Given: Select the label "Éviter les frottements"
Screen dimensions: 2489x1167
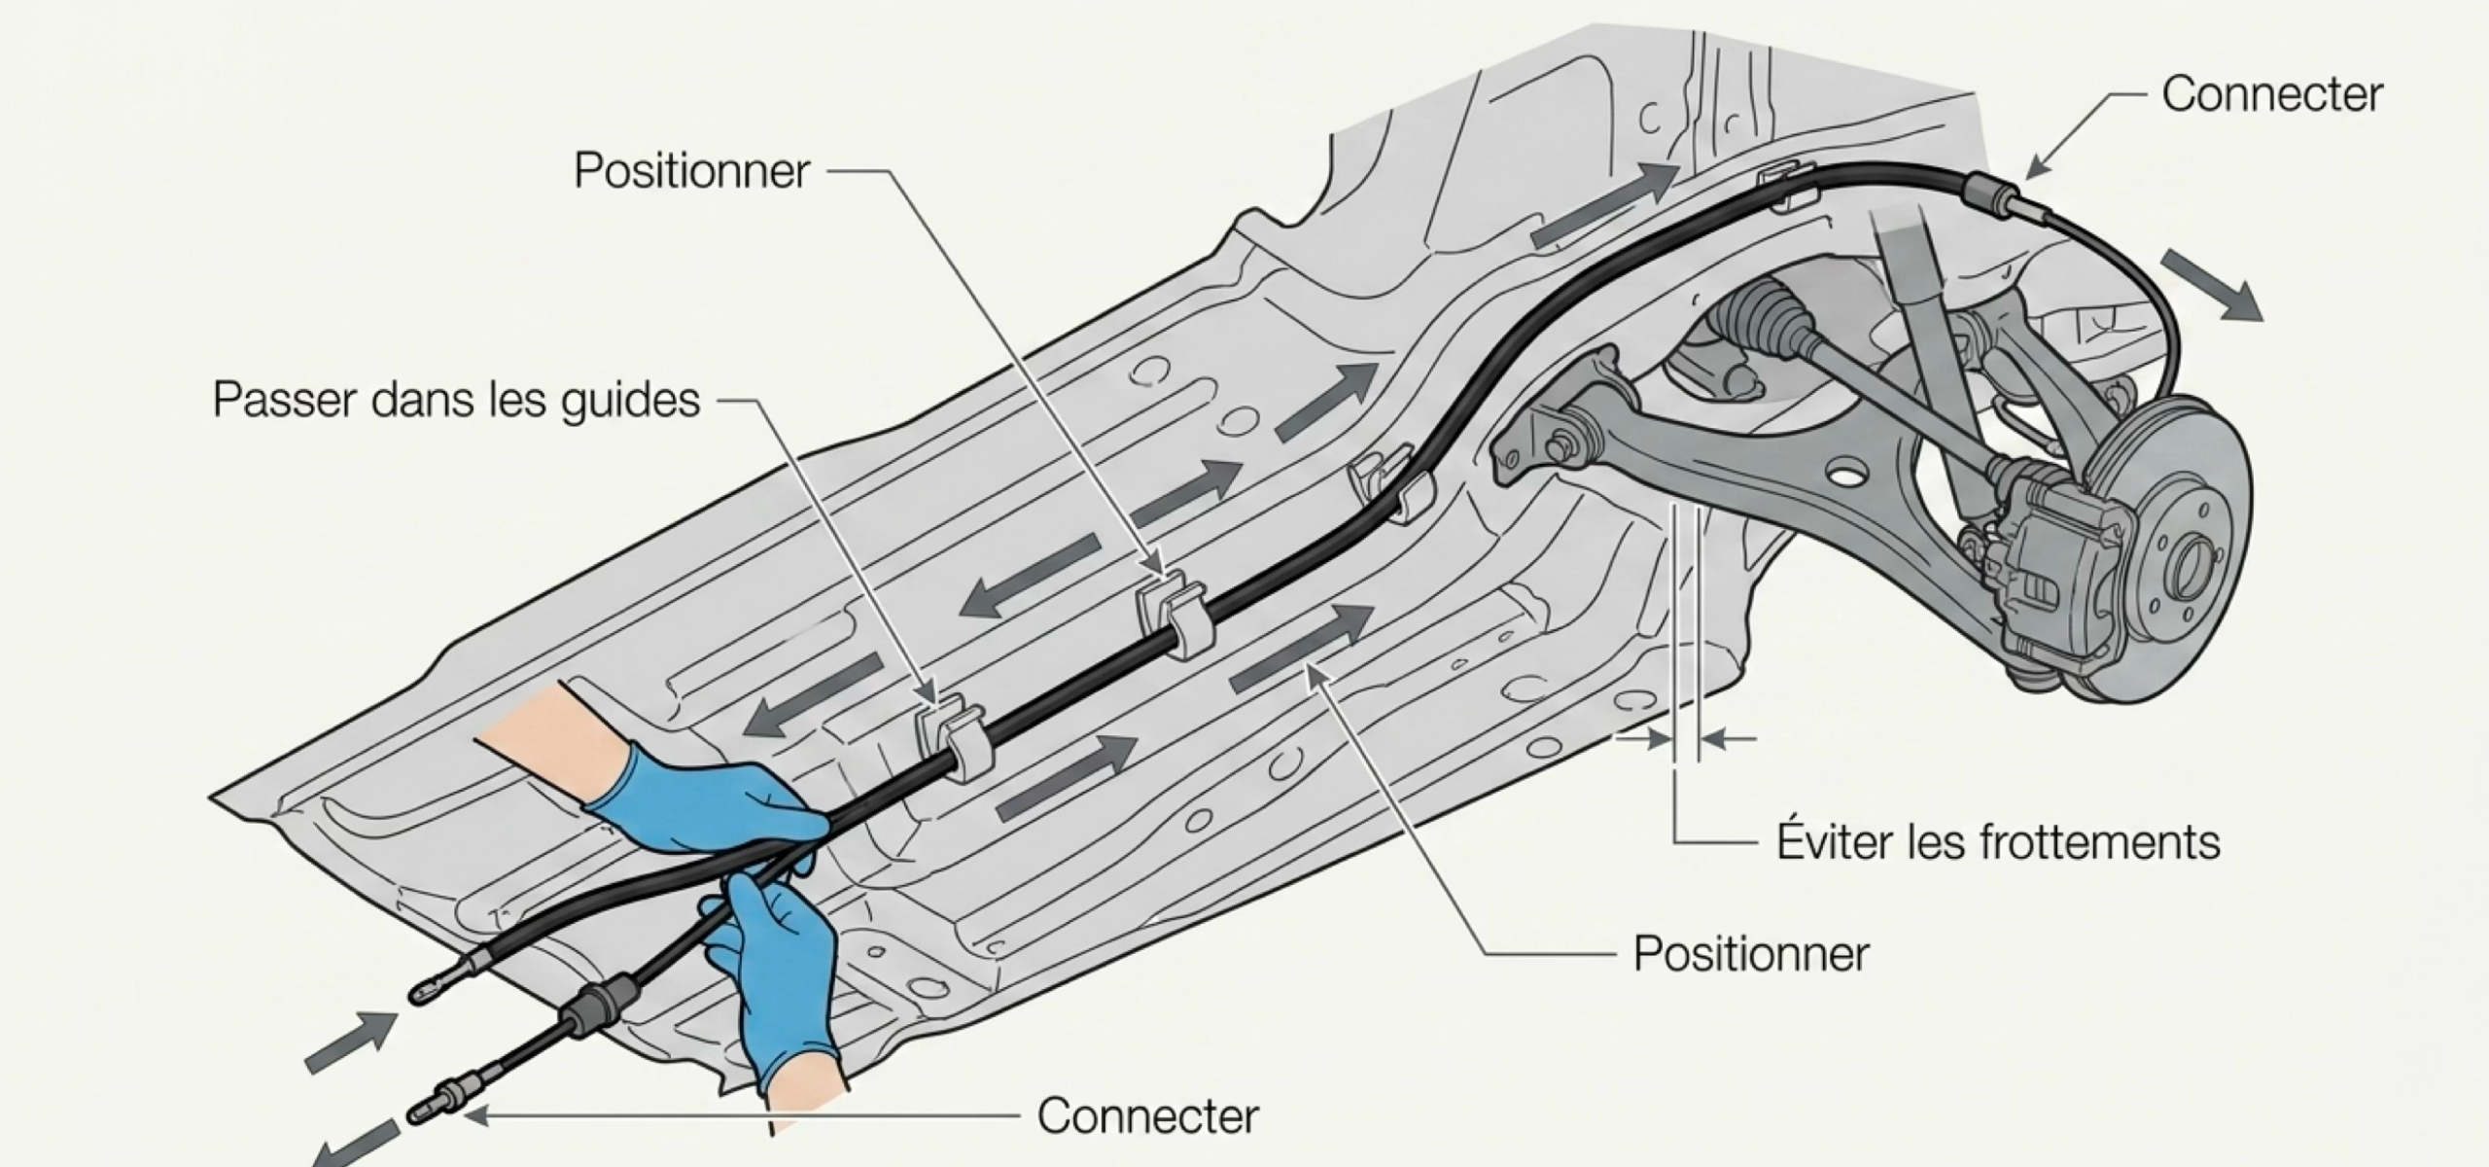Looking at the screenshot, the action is (x=1998, y=841).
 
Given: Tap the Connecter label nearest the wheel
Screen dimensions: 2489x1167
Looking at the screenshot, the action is (x=2272, y=94).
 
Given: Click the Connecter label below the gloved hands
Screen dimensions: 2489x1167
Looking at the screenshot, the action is (x=1147, y=1115).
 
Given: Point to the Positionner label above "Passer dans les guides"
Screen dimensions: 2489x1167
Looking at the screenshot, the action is (x=691, y=171).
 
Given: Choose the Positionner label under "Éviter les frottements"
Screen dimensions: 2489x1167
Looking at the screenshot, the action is (x=1750, y=954).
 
